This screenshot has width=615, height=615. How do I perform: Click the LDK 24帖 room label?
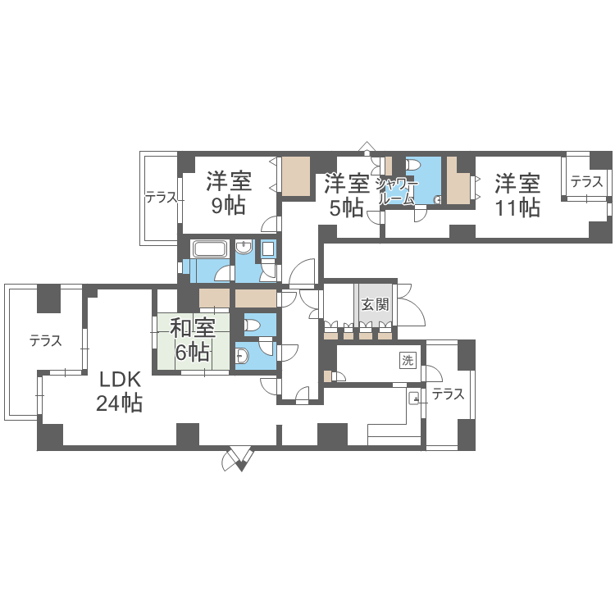tap(119, 391)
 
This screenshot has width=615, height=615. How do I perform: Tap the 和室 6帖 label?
tap(192, 339)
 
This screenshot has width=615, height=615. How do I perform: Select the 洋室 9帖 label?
tap(229, 193)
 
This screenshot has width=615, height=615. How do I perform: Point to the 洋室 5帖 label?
tap(347, 195)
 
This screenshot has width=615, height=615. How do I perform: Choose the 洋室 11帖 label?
tap(517, 195)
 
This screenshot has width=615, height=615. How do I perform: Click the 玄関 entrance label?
tap(375, 304)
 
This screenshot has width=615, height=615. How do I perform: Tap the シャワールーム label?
tap(397, 191)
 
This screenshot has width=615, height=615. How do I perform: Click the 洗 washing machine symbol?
tap(407, 360)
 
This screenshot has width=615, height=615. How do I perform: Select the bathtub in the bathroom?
tap(209, 249)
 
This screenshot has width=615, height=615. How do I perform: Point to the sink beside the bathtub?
tap(244, 248)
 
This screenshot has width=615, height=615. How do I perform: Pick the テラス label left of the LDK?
tap(46, 340)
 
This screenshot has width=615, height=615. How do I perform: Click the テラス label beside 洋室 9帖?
tap(162, 198)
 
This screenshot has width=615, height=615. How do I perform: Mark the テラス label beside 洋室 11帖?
tap(587, 181)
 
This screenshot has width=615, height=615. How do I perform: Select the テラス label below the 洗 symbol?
tap(448, 394)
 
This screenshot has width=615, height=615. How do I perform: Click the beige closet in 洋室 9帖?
tap(296, 176)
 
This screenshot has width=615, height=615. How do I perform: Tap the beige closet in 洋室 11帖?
tap(458, 181)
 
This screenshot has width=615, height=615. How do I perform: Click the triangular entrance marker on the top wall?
tap(367, 147)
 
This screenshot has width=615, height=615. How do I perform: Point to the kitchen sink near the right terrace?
tap(413, 399)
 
